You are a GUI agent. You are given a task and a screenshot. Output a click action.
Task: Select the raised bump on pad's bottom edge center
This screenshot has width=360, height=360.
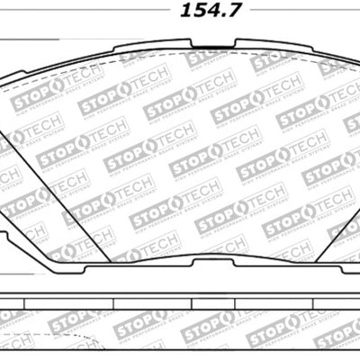tap(184, 264)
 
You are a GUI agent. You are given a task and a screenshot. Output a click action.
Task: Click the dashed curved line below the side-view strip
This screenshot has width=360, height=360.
tap(54, 346)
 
